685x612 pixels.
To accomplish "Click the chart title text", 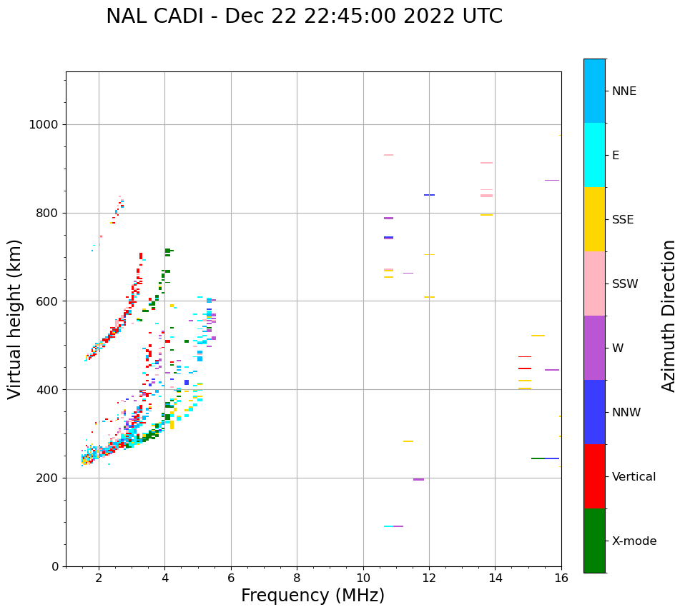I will pos(304,16).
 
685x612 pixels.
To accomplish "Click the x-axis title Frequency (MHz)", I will pos(312,596).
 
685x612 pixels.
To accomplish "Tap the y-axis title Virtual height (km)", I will pos(15,319).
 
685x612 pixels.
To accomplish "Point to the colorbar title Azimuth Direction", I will pos(669,316).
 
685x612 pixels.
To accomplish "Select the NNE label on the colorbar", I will pos(624,91).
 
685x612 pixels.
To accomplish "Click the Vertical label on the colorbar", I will pos(634,477).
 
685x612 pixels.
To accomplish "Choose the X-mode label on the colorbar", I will pos(634,541).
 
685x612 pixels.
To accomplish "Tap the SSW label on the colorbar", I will pos(624,284).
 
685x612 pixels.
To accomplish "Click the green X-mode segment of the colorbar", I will pos(594,541).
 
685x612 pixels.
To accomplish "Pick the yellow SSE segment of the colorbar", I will pos(594,219).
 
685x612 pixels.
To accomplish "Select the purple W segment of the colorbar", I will pos(594,348).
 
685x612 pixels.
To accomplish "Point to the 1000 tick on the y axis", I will pos(42,124).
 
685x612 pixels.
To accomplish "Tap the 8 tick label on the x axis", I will pos(297,577).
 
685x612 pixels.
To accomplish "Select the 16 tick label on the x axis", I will pos(561,577).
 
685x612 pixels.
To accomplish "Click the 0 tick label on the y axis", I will pos(54,566).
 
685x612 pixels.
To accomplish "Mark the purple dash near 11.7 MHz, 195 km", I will pos(418,479).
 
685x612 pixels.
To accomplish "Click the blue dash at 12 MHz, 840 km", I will pos(429,195).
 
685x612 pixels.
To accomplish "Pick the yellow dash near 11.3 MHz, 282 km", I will pos(408,441).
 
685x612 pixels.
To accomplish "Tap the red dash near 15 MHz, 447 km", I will pos(525,368).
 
